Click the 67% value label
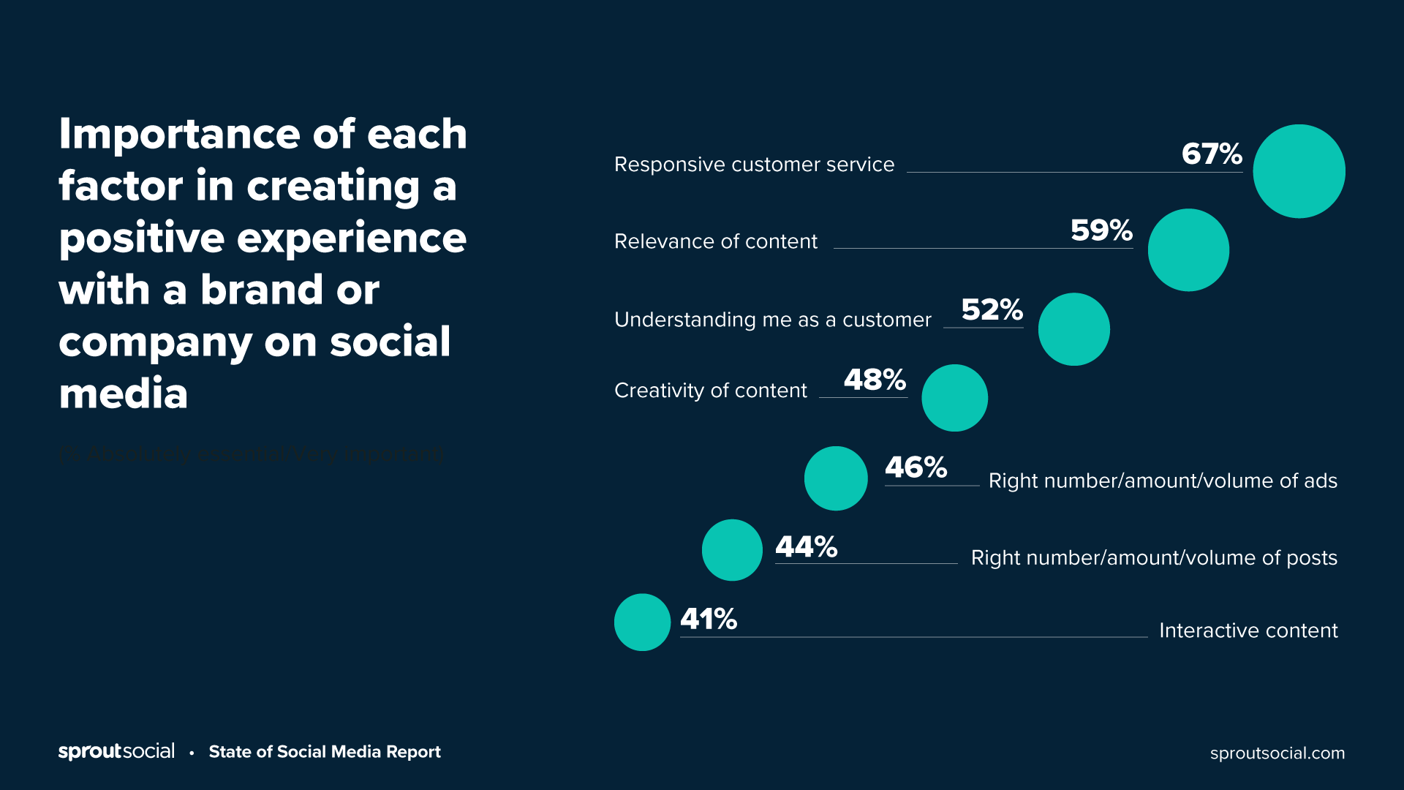tap(1212, 154)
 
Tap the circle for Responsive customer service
tap(1299, 171)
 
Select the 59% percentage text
tap(1101, 230)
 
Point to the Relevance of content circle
tap(1188, 250)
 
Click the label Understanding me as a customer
tap(772, 320)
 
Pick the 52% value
tap(992, 309)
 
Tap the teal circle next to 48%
tap(954, 398)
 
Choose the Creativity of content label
tap(710, 391)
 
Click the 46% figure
tap(916, 467)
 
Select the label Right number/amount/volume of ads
tap(1163, 481)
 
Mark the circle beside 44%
tap(732, 550)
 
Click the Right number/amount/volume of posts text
tap(1154, 558)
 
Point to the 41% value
tap(709, 620)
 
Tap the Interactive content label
tap(1248, 631)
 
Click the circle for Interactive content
tap(642, 622)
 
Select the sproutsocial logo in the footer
tap(116, 751)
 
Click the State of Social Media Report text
tap(325, 752)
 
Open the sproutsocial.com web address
tap(1277, 753)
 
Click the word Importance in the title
tap(180, 135)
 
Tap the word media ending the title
tap(123, 394)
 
